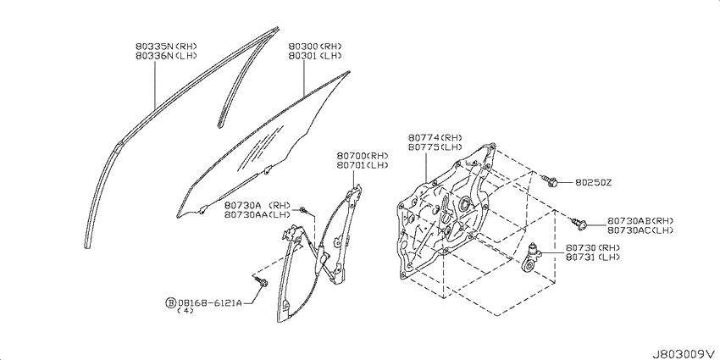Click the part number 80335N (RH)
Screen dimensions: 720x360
point(166,47)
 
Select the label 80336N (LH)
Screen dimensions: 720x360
point(166,56)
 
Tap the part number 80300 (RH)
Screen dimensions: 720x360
point(315,47)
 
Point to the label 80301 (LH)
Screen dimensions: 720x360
point(315,56)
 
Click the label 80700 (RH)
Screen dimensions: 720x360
point(363,155)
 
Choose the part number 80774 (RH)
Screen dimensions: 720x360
point(435,138)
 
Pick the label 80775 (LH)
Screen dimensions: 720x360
point(435,147)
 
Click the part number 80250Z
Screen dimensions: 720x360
point(593,183)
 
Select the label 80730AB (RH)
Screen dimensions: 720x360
point(640,220)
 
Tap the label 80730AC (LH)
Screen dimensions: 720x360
point(640,230)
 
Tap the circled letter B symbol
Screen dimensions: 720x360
point(170,302)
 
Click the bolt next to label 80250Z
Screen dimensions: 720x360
point(550,181)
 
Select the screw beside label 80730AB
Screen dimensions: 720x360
point(579,224)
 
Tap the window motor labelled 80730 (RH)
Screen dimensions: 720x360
point(533,258)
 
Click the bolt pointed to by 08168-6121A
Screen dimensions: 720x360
point(262,282)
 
